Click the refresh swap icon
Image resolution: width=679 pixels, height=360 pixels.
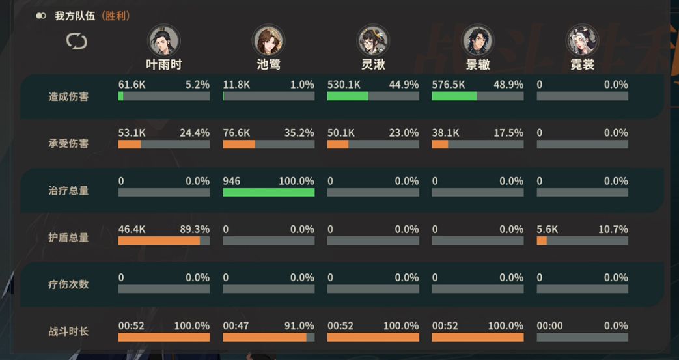77,42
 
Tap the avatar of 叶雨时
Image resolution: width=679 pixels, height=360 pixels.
163,40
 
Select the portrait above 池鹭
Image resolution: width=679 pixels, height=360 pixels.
268,40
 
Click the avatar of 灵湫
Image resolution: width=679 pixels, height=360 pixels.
373,40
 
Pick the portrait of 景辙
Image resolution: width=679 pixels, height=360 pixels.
478,40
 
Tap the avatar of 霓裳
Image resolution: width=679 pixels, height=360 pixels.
582,40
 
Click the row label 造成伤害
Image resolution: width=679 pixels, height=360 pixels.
68,96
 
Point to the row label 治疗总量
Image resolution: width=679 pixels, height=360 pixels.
68,191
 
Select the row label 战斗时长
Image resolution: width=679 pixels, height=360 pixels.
68,331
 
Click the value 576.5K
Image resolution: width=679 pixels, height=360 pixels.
448,85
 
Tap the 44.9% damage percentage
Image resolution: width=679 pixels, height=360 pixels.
404,85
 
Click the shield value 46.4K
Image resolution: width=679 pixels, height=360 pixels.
132,229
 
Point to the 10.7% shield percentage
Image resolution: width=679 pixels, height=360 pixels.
613,229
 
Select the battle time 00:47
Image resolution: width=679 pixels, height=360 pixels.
236,325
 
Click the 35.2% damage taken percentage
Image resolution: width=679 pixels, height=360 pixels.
299,133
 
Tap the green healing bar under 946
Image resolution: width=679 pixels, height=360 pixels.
268,192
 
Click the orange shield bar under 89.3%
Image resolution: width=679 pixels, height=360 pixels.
159,240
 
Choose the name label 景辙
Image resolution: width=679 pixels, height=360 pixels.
478,64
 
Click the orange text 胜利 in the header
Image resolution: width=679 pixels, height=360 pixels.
116,16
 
